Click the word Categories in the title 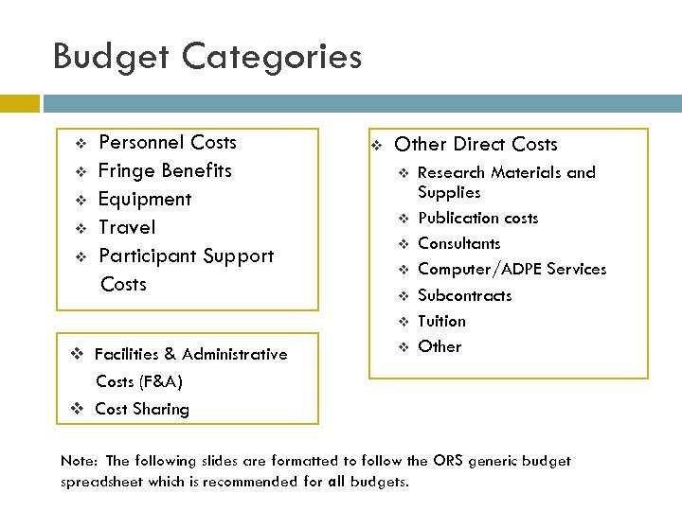coord(271,57)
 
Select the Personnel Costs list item coord(168,143)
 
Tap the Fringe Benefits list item coord(165,171)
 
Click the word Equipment coord(145,200)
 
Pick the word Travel coord(127,228)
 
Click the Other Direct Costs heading coord(476,145)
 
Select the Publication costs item coord(477,219)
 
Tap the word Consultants coord(459,244)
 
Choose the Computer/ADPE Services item coord(511,270)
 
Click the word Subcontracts coord(464,295)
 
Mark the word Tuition coord(441,321)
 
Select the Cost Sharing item coord(142,410)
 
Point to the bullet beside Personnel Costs coord(80,144)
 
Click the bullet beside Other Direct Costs coord(375,146)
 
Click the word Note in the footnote coord(79,462)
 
